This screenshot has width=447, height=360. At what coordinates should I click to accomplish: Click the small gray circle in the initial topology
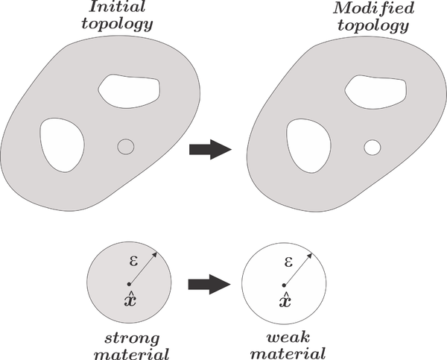126,147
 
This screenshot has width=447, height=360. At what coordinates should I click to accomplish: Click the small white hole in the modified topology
370,147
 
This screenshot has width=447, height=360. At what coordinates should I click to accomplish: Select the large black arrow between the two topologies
208,149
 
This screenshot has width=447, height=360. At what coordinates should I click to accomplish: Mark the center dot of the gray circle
129,284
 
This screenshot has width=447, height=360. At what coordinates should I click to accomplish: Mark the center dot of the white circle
283,284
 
